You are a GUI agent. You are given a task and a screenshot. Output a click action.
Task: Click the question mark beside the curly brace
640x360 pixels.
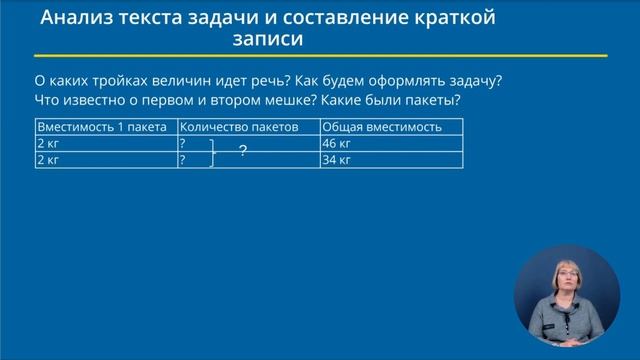(242, 152)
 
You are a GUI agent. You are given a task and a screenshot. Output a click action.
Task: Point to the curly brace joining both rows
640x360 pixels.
(213, 152)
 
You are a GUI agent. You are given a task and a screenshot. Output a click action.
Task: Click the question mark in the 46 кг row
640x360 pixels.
(183, 144)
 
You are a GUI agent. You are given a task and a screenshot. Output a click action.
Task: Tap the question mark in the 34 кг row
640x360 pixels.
(183, 160)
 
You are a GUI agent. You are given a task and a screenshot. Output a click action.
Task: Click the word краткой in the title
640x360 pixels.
(459, 18)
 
